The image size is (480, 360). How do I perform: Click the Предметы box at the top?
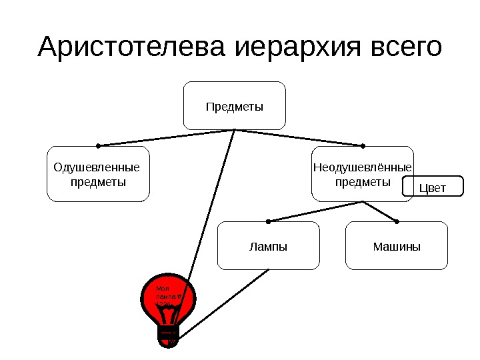pyautogui.click(x=235, y=105)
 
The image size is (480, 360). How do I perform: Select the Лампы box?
pyautogui.click(x=269, y=246)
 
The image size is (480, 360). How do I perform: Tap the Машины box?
pyautogui.click(x=397, y=246)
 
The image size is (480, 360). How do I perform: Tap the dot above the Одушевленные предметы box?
pyautogui.click(x=98, y=145)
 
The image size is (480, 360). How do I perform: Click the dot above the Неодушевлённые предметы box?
pyautogui.click(x=363, y=145)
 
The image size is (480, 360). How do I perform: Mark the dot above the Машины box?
pyautogui.click(x=397, y=221)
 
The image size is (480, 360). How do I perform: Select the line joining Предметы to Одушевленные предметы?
pyautogui.click(x=167, y=137)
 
